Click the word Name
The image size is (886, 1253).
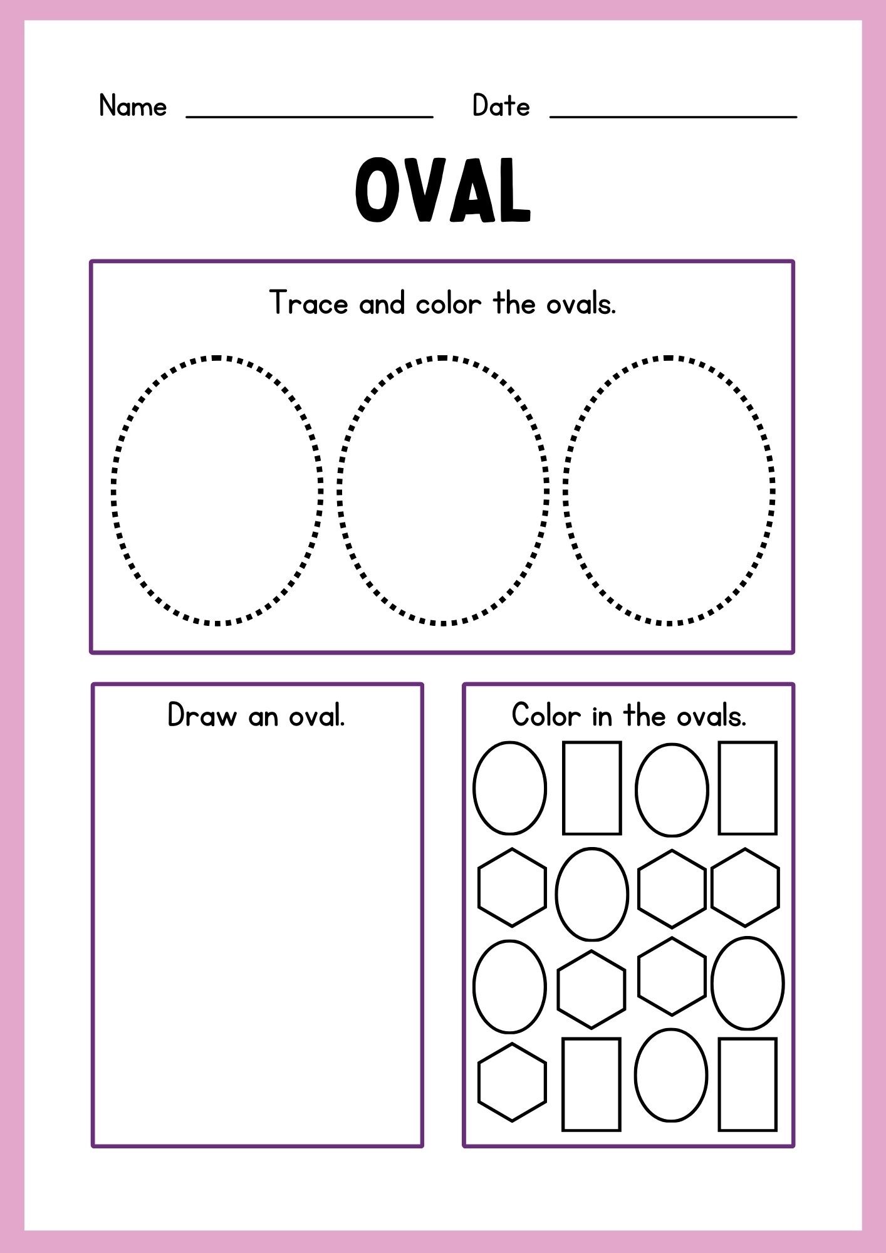click(133, 106)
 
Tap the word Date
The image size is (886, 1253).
click(501, 105)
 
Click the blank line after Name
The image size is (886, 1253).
click(310, 117)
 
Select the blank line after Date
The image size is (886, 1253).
click(673, 117)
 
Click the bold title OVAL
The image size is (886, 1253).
click(443, 190)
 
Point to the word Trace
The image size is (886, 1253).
click(308, 303)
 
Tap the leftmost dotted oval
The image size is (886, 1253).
click(113, 491)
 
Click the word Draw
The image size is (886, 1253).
click(202, 715)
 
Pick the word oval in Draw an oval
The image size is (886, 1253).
click(316, 715)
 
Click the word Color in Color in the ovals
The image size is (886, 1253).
click(546, 715)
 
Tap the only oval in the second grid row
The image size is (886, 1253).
click(556, 894)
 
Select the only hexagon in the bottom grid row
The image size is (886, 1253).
click(479, 1082)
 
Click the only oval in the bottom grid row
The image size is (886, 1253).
click(635, 1075)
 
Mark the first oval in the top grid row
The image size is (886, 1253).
click(474, 788)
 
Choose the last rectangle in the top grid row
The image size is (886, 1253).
click(719, 788)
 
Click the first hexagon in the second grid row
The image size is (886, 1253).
click(479, 887)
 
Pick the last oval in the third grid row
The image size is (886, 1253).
click(712, 984)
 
